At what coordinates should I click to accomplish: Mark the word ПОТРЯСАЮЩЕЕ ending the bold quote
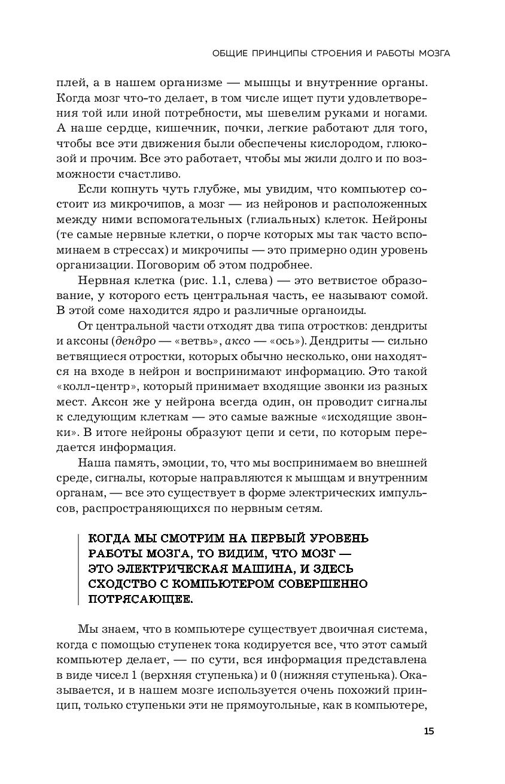pos(141,598)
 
